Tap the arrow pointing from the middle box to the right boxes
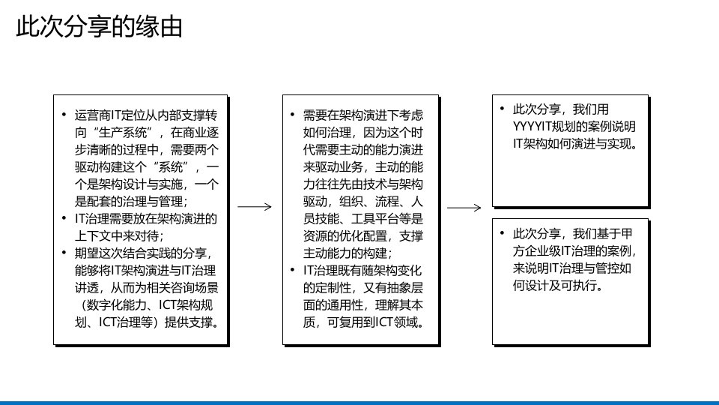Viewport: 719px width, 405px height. point(464,207)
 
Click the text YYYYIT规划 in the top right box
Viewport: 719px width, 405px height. point(542,125)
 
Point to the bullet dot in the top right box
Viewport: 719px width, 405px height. point(503,109)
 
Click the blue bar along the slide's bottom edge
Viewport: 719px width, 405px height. point(359,402)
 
